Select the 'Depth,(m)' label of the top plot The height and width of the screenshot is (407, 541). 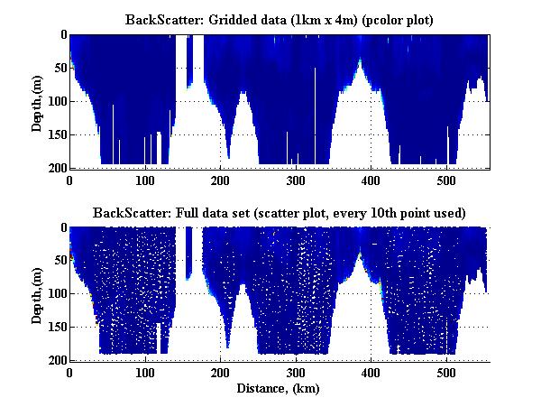tap(37, 101)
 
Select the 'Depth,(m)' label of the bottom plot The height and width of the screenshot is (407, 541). tap(37, 293)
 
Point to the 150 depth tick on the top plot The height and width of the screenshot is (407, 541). tap(55, 134)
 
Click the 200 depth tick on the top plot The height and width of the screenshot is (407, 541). tap(55, 168)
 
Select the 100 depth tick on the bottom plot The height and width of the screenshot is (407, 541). tap(55, 294)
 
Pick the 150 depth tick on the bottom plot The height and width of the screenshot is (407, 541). tap(55, 328)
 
